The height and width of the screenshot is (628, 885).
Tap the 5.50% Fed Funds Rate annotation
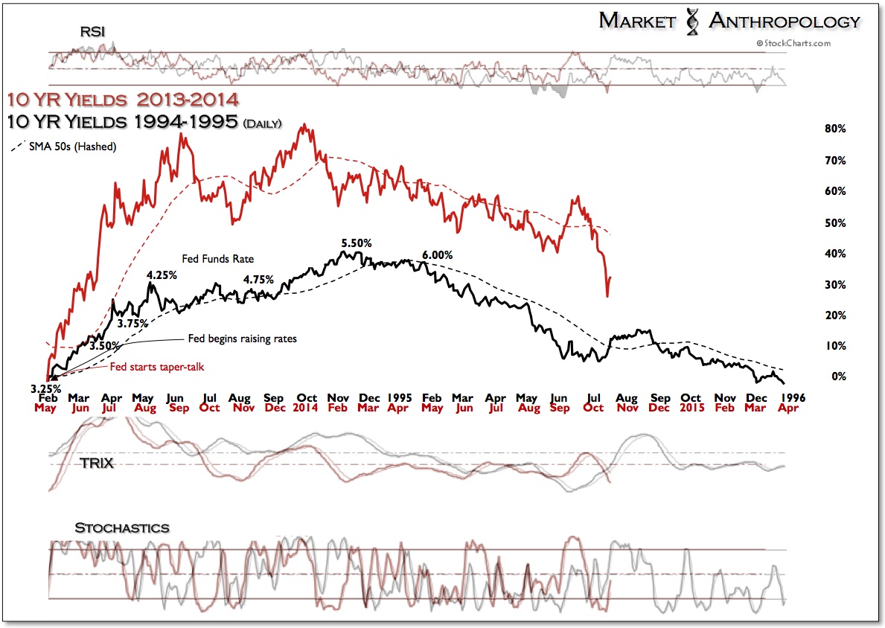click(357, 243)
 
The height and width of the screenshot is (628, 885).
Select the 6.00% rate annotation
click(437, 255)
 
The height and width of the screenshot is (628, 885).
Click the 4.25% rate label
click(162, 275)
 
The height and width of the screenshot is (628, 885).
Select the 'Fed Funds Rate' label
click(218, 259)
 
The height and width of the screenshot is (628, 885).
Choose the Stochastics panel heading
click(122, 528)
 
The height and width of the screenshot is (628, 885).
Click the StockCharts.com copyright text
click(793, 43)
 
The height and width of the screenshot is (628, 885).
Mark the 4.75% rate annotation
click(259, 281)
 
